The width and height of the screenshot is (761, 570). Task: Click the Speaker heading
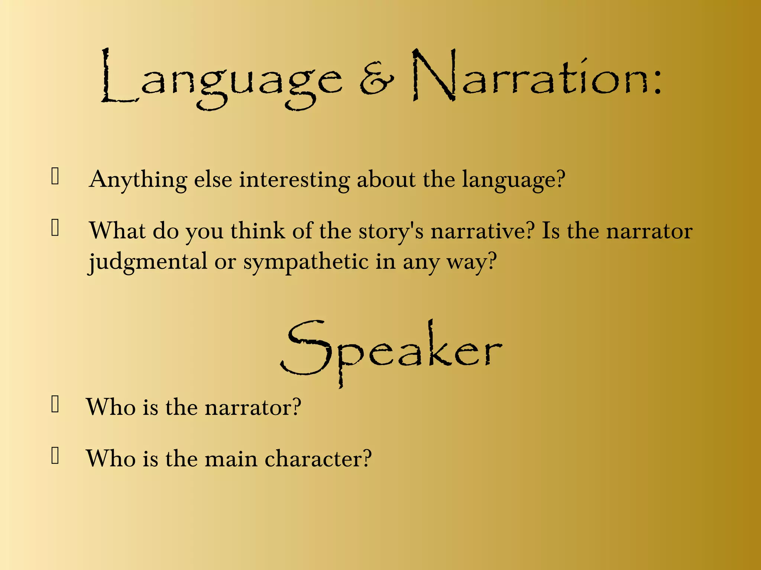tap(391, 351)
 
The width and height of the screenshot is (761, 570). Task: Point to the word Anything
tap(138, 180)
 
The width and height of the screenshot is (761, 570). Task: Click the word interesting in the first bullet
tap(294, 180)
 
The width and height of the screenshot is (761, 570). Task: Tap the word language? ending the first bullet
tap(514, 180)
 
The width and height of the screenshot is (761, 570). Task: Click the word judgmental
tap(148, 262)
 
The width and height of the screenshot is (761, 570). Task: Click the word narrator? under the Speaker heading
tap(253, 407)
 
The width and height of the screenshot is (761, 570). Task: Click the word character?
tap(318, 459)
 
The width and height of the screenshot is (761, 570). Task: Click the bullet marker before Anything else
tap(55, 176)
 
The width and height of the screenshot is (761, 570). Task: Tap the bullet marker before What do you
tap(55, 228)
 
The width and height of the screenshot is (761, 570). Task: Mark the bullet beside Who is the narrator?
tap(55, 404)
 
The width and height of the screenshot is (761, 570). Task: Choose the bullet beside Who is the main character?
tap(55, 456)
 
